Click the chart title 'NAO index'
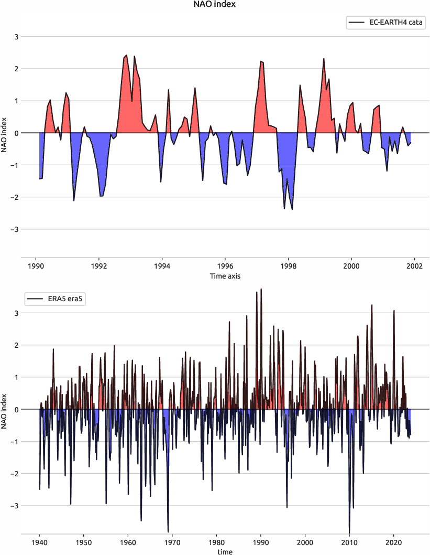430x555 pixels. [x=215, y=5]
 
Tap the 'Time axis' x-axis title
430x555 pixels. [x=225, y=275]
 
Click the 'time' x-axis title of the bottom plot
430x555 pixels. [x=225, y=551]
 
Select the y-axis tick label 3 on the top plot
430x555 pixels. [x=16, y=37]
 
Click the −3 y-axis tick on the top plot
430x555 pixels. [x=14, y=229]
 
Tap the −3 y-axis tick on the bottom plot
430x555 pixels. [x=14, y=506]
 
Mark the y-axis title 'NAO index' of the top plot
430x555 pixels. [x=5, y=133]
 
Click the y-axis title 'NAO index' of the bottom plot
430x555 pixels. [x=5, y=409]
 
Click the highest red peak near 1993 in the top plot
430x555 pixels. [x=126, y=55]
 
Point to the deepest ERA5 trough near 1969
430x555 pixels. [x=168, y=531]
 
